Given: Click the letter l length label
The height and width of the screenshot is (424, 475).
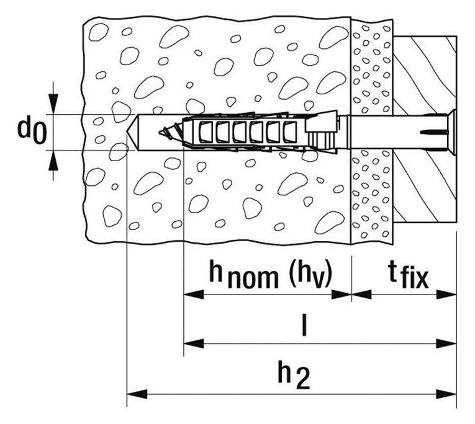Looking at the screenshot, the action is pos(304,324).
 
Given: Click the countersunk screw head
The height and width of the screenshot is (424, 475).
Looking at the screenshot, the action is pos(451,132).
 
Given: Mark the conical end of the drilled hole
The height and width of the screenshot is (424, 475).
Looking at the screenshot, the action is pos(132,132).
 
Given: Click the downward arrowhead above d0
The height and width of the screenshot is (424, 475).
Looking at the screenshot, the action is pos(53,104).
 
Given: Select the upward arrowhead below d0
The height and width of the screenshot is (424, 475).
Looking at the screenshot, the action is pos(53,161).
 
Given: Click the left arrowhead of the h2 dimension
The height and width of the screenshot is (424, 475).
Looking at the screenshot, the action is pos(137,394).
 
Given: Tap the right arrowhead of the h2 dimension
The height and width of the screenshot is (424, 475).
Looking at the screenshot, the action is pos(446,394).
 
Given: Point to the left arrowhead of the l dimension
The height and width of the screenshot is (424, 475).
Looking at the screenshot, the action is pos(194,343).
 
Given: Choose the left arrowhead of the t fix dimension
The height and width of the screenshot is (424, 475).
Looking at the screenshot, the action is pos(361,294).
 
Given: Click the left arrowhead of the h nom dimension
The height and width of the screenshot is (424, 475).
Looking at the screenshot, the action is pos(194,294).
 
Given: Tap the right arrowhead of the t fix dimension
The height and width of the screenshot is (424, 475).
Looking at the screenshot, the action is pos(446,294).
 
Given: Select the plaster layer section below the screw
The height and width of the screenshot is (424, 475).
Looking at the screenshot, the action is pos(372,197).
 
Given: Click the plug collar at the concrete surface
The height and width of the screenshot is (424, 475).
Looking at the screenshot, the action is pos(322,132).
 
